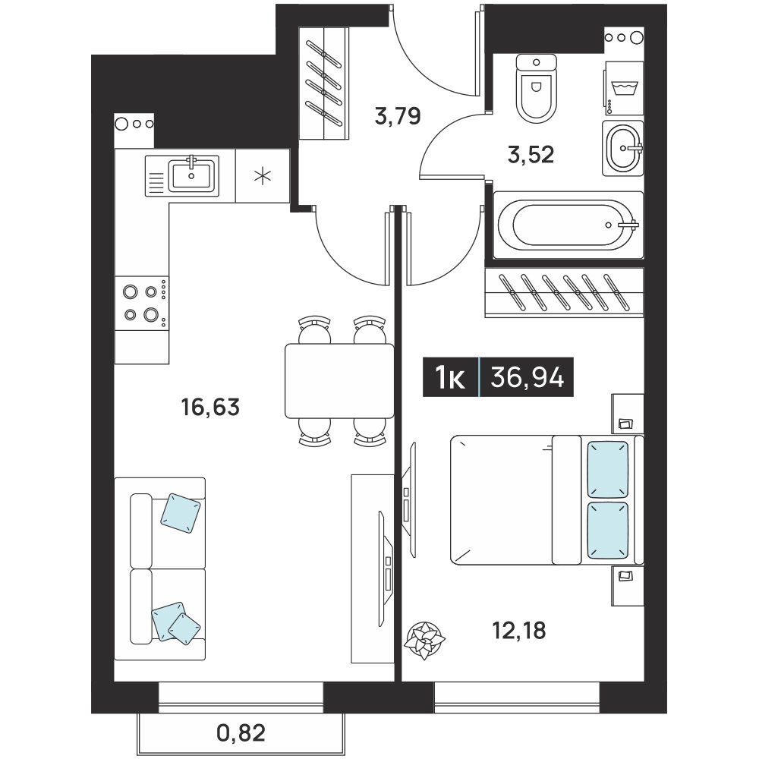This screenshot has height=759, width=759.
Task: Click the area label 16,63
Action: (x=210, y=407)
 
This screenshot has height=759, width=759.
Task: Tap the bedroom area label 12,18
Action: (x=519, y=631)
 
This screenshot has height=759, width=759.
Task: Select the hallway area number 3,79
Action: (x=398, y=116)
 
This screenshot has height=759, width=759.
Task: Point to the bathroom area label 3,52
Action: (x=531, y=155)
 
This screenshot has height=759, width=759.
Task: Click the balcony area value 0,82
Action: (x=241, y=733)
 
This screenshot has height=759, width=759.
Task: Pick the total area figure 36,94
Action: (x=528, y=377)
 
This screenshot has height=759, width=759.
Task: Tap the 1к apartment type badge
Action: (x=450, y=377)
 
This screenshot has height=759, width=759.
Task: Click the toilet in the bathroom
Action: (x=537, y=88)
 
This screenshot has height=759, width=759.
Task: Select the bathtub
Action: (x=568, y=225)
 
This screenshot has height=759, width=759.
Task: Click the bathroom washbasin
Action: (x=623, y=148)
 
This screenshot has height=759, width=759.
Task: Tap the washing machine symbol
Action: (x=624, y=89)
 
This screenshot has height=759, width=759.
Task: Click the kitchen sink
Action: (x=182, y=175)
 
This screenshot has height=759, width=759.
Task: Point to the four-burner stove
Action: (x=142, y=303)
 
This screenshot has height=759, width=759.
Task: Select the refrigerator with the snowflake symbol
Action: (x=263, y=175)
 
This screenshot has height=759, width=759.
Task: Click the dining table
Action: (x=339, y=380)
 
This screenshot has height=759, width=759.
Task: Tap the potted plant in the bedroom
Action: (x=424, y=641)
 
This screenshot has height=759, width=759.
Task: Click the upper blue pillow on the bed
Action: (x=608, y=469)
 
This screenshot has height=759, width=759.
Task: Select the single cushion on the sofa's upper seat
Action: (x=180, y=513)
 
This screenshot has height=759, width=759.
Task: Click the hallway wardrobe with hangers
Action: (x=324, y=83)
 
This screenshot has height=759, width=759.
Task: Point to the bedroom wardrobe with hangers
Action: (x=565, y=292)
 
